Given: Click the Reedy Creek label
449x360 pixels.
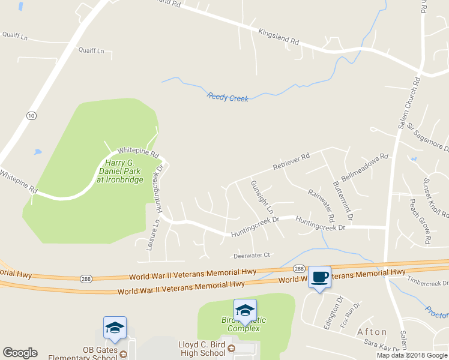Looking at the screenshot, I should click(x=228, y=97).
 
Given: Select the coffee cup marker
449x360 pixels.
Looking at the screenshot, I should click(x=320, y=277).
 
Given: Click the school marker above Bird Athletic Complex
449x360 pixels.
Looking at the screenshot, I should click(x=245, y=310).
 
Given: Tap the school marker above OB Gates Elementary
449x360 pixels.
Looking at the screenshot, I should click(x=115, y=328).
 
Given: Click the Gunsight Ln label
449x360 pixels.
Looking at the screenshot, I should click(x=261, y=197).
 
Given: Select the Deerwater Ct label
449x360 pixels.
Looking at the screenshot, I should click(x=252, y=255).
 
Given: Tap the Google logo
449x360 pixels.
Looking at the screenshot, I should click(x=20, y=352).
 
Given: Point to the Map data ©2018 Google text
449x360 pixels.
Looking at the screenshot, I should click(x=411, y=355).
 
